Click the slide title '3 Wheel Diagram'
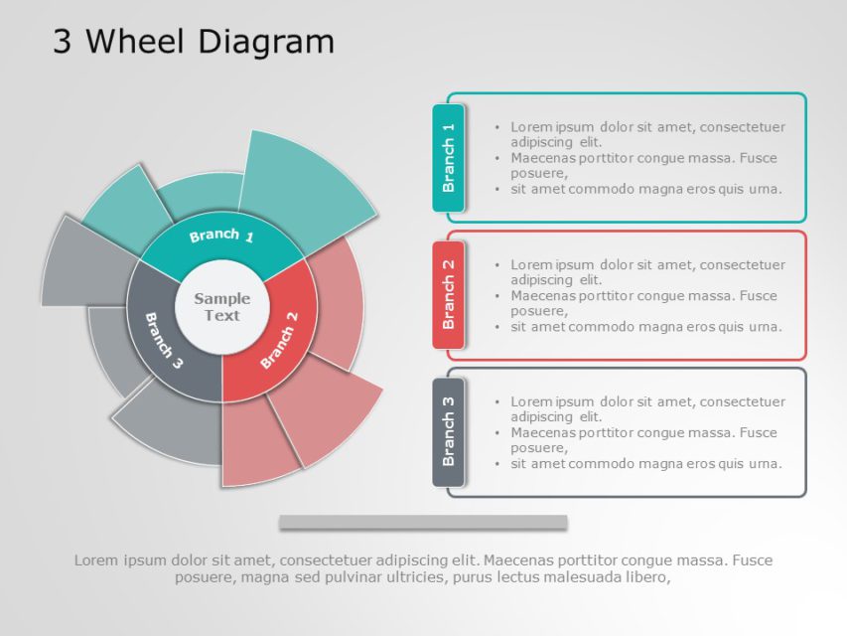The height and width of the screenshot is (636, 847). (x=194, y=42)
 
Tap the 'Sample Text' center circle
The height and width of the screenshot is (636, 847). (x=221, y=307)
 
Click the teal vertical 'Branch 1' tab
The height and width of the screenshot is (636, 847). (x=449, y=157)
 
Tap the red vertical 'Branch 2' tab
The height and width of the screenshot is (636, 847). (x=449, y=294)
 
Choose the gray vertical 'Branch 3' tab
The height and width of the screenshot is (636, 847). (x=449, y=431)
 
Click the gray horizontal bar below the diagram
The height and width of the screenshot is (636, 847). (x=423, y=522)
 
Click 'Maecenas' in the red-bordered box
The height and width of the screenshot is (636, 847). (x=543, y=295)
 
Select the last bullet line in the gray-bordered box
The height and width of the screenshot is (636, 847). (x=645, y=463)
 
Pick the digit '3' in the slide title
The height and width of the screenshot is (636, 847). (x=62, y=42)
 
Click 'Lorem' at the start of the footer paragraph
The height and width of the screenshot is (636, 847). (x=95, y=560)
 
